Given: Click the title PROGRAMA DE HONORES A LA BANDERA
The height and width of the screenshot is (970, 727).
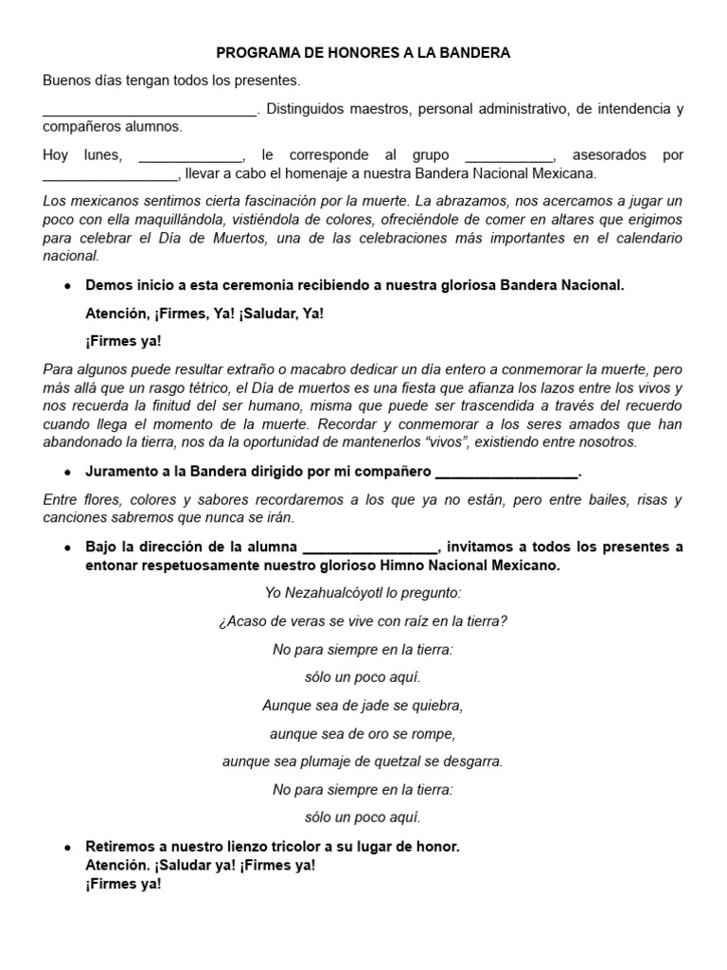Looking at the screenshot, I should pos(363,53).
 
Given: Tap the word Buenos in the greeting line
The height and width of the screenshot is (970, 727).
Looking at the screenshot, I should pos(65,81).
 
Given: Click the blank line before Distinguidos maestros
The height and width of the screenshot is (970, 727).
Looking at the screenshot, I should pos(150,111).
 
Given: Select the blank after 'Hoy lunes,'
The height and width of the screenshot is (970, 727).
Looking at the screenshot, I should pos(190,156).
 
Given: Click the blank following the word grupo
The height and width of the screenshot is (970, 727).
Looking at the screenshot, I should pos(509,156).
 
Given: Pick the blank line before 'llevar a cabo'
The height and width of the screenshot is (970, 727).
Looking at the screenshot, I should pos(110,175).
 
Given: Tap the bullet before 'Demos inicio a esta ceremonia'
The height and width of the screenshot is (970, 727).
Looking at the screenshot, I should pos(67,286).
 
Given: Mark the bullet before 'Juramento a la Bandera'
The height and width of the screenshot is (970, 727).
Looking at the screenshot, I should pos(67,472).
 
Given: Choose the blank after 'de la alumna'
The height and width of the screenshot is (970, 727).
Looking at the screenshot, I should pos(369,548).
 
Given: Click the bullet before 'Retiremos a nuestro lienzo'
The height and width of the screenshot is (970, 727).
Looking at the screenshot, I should pos(67,847).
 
